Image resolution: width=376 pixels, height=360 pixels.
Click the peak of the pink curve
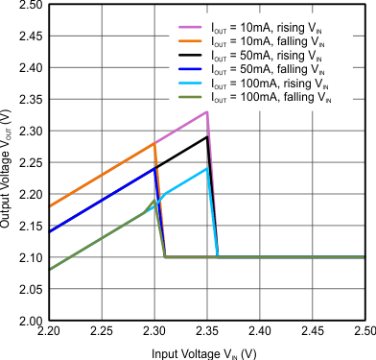pos(206,112)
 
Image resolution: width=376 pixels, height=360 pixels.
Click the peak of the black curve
pos(206,137)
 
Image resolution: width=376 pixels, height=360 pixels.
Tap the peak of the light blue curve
pos(206,169)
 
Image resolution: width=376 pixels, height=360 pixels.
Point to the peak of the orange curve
pos(154,144)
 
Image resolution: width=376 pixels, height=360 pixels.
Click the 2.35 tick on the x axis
pos(206,331)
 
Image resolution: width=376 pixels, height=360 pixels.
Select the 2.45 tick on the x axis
pos(312,331)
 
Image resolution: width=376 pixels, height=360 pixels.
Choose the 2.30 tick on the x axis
pos(154,331)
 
